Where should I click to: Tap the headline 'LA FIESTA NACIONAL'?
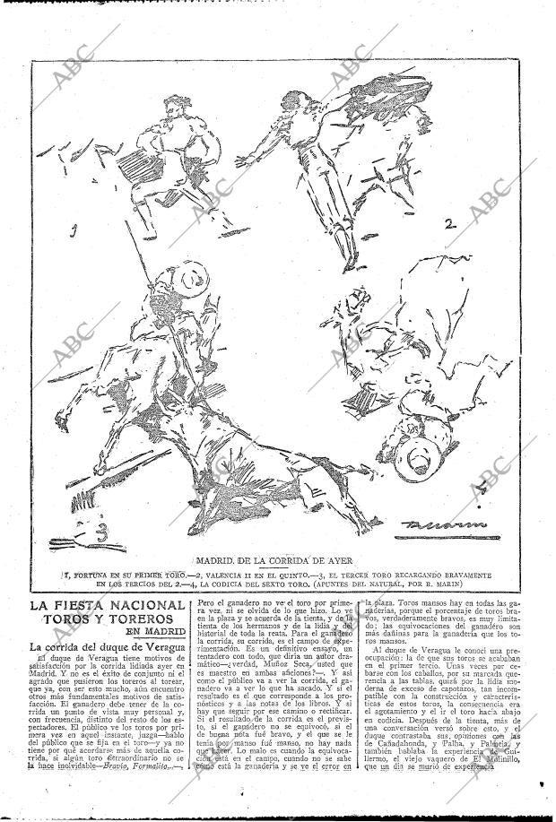105,605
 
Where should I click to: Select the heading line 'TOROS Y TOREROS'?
105,619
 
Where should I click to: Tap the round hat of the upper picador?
190,279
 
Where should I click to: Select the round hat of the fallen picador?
421,458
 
